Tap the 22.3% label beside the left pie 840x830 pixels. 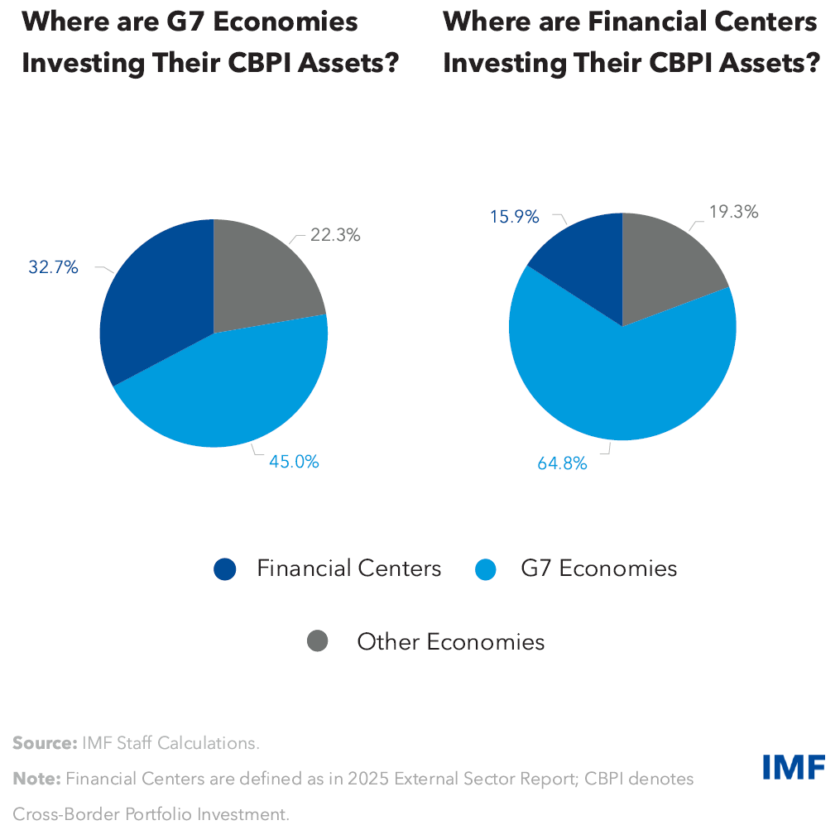[335, 235]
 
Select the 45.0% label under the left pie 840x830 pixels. [293, 462]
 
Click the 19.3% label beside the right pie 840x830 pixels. [733, 212]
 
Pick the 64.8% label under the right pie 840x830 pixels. [562, 463]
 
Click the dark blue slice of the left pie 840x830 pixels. [153, 298]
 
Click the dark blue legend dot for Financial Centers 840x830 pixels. [225, 569]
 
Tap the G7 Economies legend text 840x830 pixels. [598, 569]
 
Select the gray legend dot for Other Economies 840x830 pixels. [318, 641]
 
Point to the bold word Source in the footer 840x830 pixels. [44, 743]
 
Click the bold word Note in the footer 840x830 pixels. [36, 779]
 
